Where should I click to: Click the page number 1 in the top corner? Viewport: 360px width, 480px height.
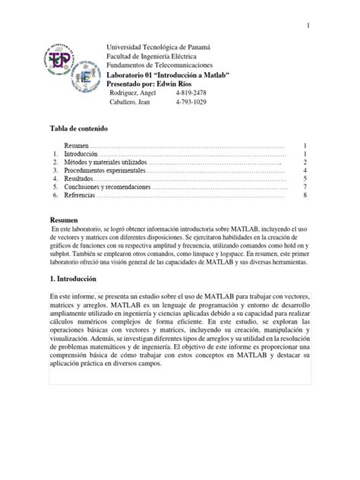pos(309,27)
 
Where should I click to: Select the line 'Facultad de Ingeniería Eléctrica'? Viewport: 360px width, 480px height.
pos(159,58)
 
